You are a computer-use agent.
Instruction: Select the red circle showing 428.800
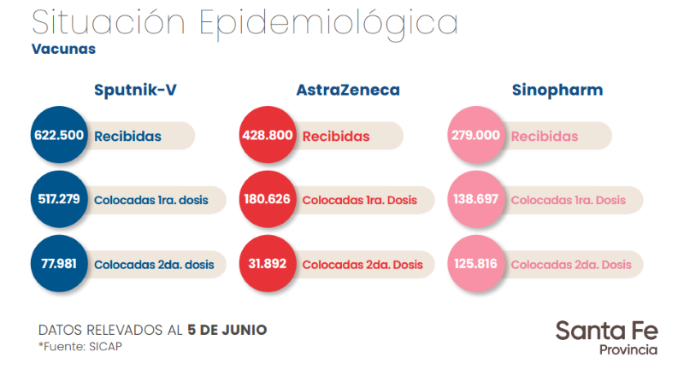click(267, 136)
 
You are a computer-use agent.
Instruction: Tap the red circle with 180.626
click(267, 199)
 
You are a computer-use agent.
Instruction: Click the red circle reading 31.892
click(267, 263)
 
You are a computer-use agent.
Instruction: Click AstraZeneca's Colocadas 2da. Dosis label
click(362, 264)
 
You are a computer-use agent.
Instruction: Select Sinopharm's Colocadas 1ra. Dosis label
click(568, 200)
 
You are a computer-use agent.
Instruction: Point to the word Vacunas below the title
click(63, 49)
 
